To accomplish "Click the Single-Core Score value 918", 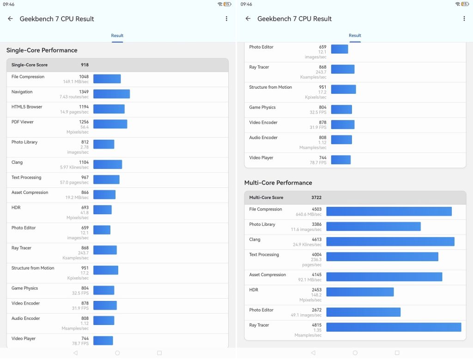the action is pyautogui.click(x=85, y=65).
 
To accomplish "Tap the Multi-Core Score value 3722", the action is pyautogui.click(x=316, y=198).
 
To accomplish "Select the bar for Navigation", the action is pyautogui.click(x=112, y=94).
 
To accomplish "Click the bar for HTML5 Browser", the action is pyautogui.click(x=109, y=109).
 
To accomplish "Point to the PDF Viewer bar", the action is pyautogui.click(x=110, y=124).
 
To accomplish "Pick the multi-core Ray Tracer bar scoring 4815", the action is pyautogui.click(x=394, y=327).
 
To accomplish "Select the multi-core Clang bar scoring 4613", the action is pyautogui.click(x=390, y=241).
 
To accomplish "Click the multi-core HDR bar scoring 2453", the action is pyautogui.click(x=360, y=292).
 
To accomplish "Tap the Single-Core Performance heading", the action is pyautogui.click(x=42, y=50).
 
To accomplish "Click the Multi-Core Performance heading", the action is pyautogui.click(x=278, y=183).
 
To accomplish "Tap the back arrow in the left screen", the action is pyautogui.click(x=10, y=19).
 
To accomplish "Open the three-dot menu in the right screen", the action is pyautogui.click(x=464, y=19).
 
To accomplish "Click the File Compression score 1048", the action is pyautogui.click(x=84, y=77).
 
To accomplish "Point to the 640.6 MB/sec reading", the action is pyautogui.click(x=309, y=214).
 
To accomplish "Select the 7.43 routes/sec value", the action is pyautogui.click(x=74, y=97).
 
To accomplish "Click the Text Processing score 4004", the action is pyautogui.click(x=317, y=254).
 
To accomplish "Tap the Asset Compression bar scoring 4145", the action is pyautogui.click(x=384, y=277).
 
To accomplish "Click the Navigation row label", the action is pyautogui.click(x=22, y=92).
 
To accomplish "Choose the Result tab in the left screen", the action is pyautogui.click(x=117, y=36).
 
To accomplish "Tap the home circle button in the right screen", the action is pyautogui.click(x=355, y=353).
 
